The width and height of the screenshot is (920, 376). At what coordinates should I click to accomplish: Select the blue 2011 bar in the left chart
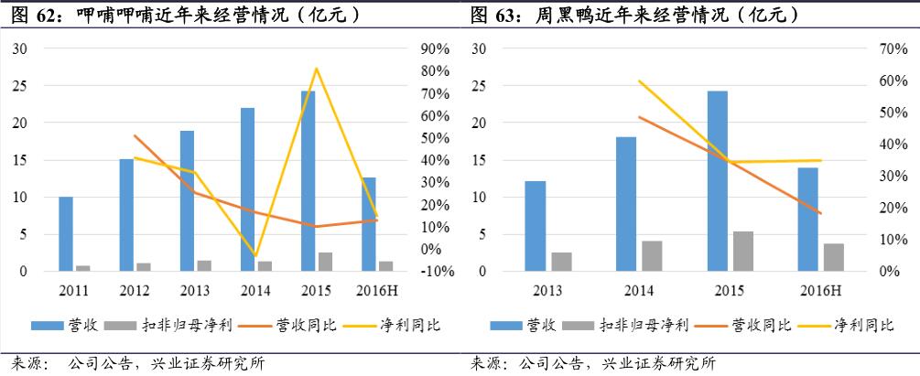click(x=66, y=234)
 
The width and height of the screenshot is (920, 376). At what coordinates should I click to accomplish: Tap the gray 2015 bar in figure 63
click(x=743, y=252)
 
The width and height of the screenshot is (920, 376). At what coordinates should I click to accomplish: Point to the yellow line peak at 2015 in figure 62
click(x=316, y=69)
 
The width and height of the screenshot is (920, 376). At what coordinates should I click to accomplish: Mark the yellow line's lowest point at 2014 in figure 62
click(x=255, y=256)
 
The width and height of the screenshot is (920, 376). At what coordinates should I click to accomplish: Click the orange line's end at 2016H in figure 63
click(x=821, y=213)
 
